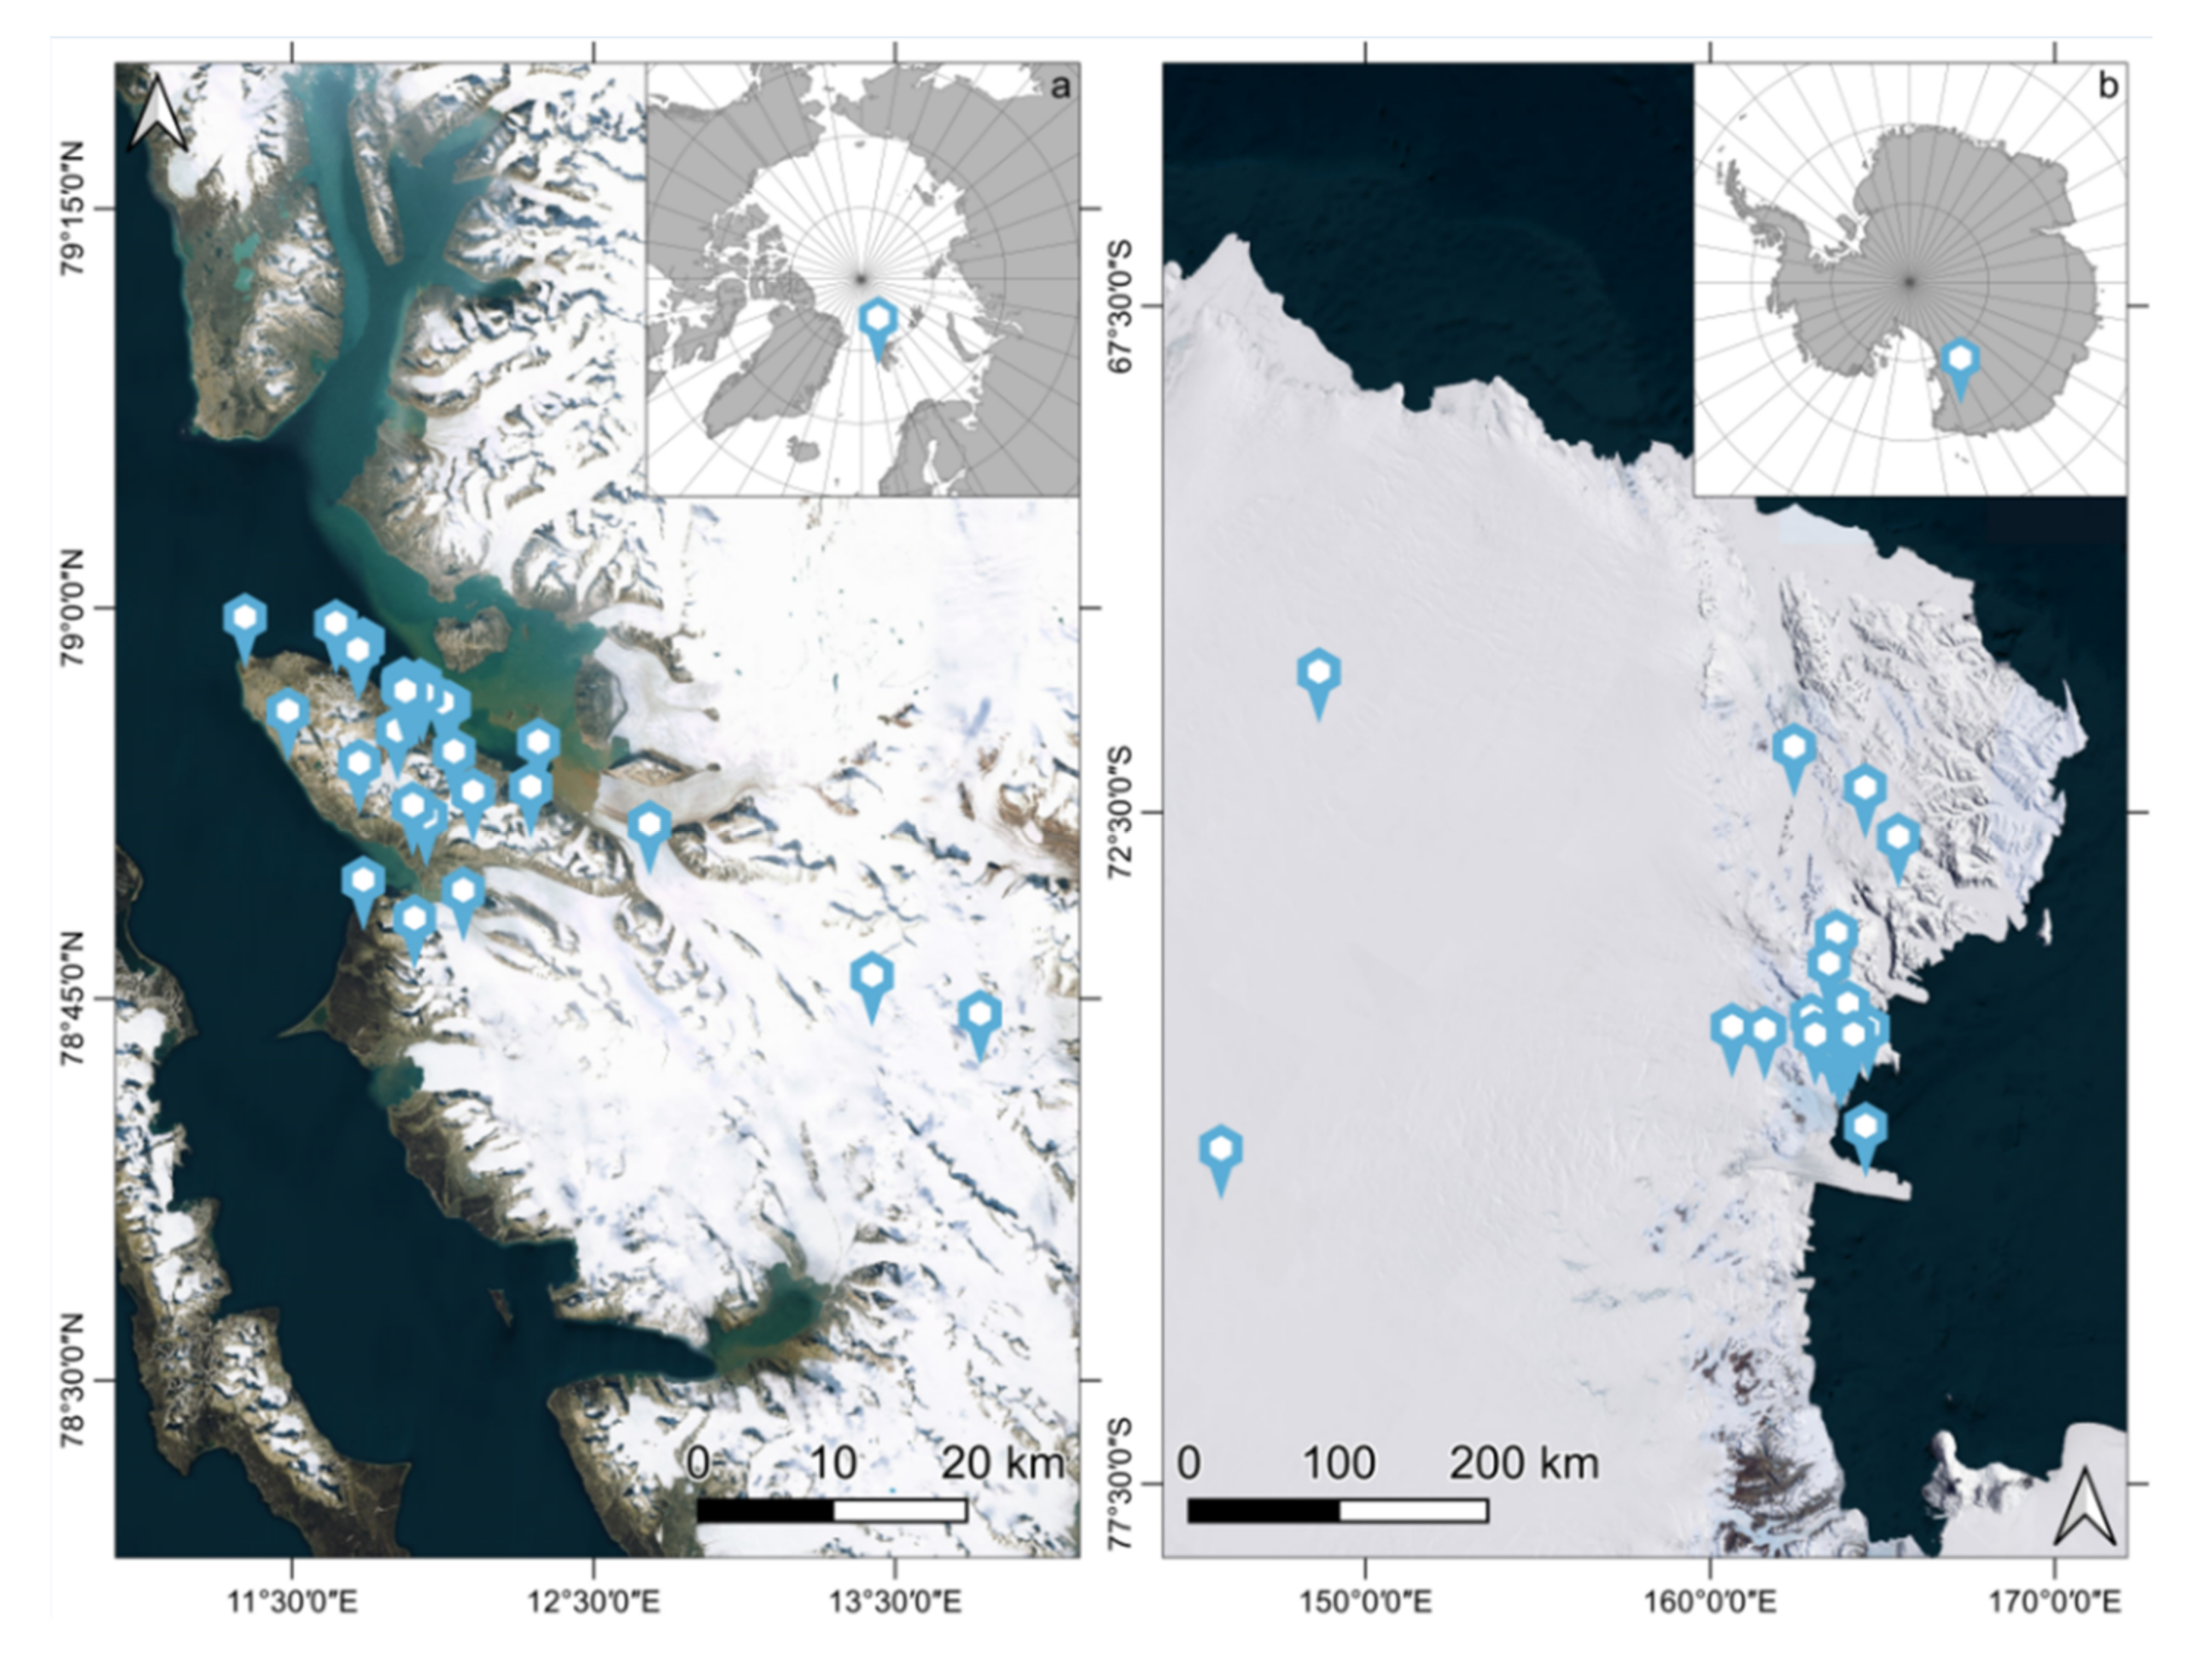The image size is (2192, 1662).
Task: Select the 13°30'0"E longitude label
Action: point(897,1601)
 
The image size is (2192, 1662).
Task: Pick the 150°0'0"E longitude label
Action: point(1367,1601)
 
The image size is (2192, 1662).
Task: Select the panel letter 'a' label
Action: point(1060,87)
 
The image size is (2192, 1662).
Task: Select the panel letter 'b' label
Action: point(2107,87)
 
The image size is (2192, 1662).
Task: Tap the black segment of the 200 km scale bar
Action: point(1264,1510)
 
